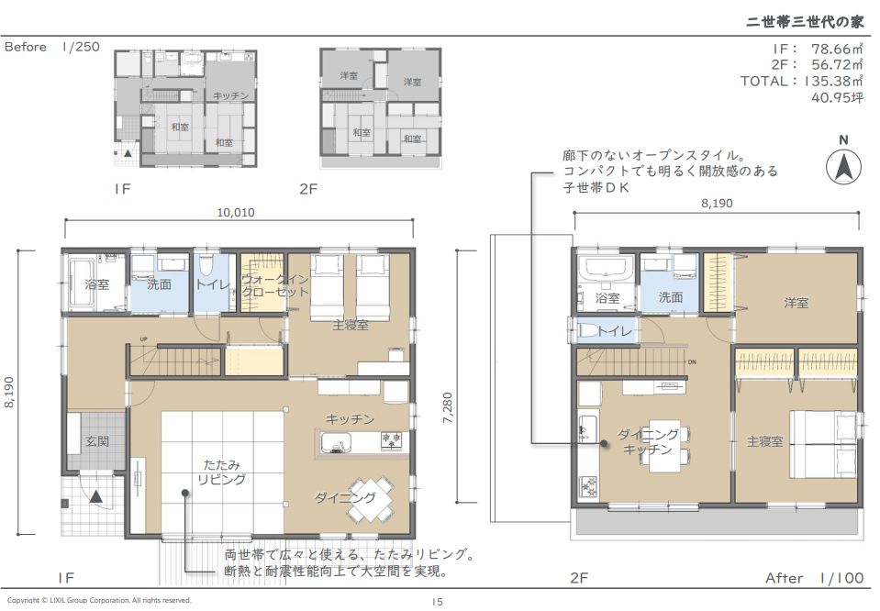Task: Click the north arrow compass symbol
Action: coord(843,167)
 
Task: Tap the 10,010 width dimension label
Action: coord(236,213)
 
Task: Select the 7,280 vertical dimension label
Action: coord(448,407)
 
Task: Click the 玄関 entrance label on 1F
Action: coord(97,441)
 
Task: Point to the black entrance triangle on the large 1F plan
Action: coord(96,496)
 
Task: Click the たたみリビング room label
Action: coord(222,472)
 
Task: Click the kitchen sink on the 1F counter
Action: coord(336,443)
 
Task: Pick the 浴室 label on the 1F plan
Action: coord(97,284)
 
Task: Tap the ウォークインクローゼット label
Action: coord(275,285)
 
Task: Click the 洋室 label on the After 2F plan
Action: coord(796,303)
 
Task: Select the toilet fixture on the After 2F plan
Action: coord(587,330)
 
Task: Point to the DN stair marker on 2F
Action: coord(692,362)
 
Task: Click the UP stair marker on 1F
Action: coord(144,339)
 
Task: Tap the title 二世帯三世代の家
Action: coord(805,21)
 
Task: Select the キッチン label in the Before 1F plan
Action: coord(230,96)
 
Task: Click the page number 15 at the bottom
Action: coord(437,602)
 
